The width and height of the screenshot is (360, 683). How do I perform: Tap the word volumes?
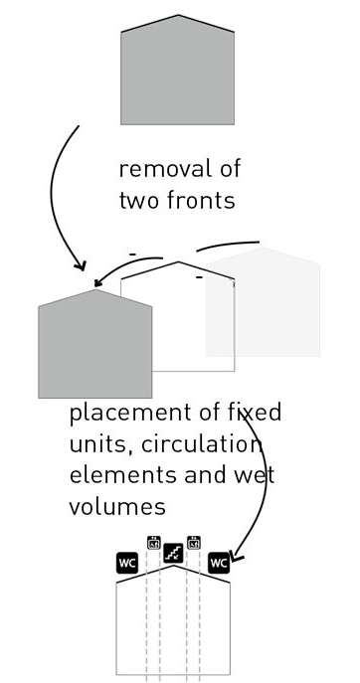pos(117,507)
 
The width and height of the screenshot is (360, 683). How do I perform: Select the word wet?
pos(255,475)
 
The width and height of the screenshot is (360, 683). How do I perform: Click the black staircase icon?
pos(173,553)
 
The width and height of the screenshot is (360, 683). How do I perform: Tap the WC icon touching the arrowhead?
pos(219,564)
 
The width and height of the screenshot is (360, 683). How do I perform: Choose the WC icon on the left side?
pos(127,564)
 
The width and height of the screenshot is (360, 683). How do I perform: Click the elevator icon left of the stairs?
pos(154,543)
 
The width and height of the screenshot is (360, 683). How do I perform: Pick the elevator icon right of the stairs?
pos(194,543)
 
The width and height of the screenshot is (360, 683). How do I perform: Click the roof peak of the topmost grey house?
pos(178,15)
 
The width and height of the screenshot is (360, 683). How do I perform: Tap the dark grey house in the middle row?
pos(95,344)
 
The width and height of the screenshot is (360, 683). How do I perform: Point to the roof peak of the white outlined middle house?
pos(178,261)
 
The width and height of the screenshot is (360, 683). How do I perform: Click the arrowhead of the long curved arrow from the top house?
pos(82,265)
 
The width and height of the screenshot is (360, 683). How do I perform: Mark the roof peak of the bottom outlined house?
pos(173,566)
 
